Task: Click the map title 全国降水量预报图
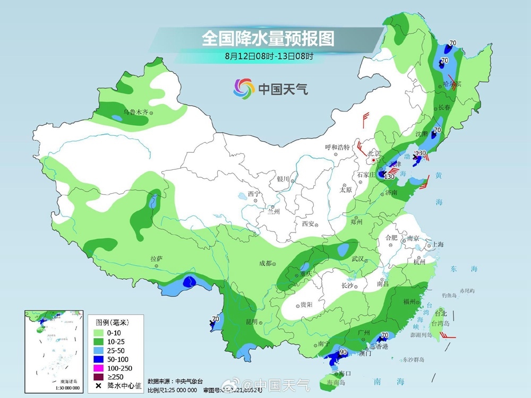[268, 39]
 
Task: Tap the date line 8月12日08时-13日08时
[268, 55]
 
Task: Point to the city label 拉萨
[156, 259]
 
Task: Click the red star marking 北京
[374, 160]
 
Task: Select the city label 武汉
[359, 258]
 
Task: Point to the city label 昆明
[251, 322]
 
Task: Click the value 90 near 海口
[343, 352]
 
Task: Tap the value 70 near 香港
[385, 335]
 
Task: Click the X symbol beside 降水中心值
[98, 386]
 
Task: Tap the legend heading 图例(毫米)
[112, 322]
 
